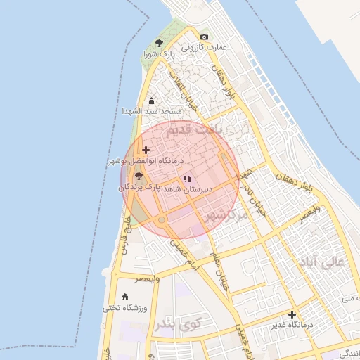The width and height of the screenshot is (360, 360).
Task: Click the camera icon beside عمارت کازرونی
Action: click(x=204, y=37)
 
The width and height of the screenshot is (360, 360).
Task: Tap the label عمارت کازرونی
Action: click(x=205, y=48)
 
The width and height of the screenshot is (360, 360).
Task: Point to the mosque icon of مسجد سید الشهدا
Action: click(x=152, y=101)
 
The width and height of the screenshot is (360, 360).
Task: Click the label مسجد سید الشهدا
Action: click(x=152, y=112)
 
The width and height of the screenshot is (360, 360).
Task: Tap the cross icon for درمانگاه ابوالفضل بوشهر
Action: click(x=146, y=150)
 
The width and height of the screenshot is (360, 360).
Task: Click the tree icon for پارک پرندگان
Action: click(x=139, y=176)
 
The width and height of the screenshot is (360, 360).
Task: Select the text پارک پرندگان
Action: click(x=140, y=188)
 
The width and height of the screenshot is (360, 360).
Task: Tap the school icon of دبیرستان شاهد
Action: click(x=186, y=179)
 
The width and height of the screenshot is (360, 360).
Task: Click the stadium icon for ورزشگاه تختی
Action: click(x=125, y=297)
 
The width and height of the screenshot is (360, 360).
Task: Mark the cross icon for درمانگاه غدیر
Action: click(x=292, y=314)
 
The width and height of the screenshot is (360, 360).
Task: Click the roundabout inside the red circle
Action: click(x=162, y=221)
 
